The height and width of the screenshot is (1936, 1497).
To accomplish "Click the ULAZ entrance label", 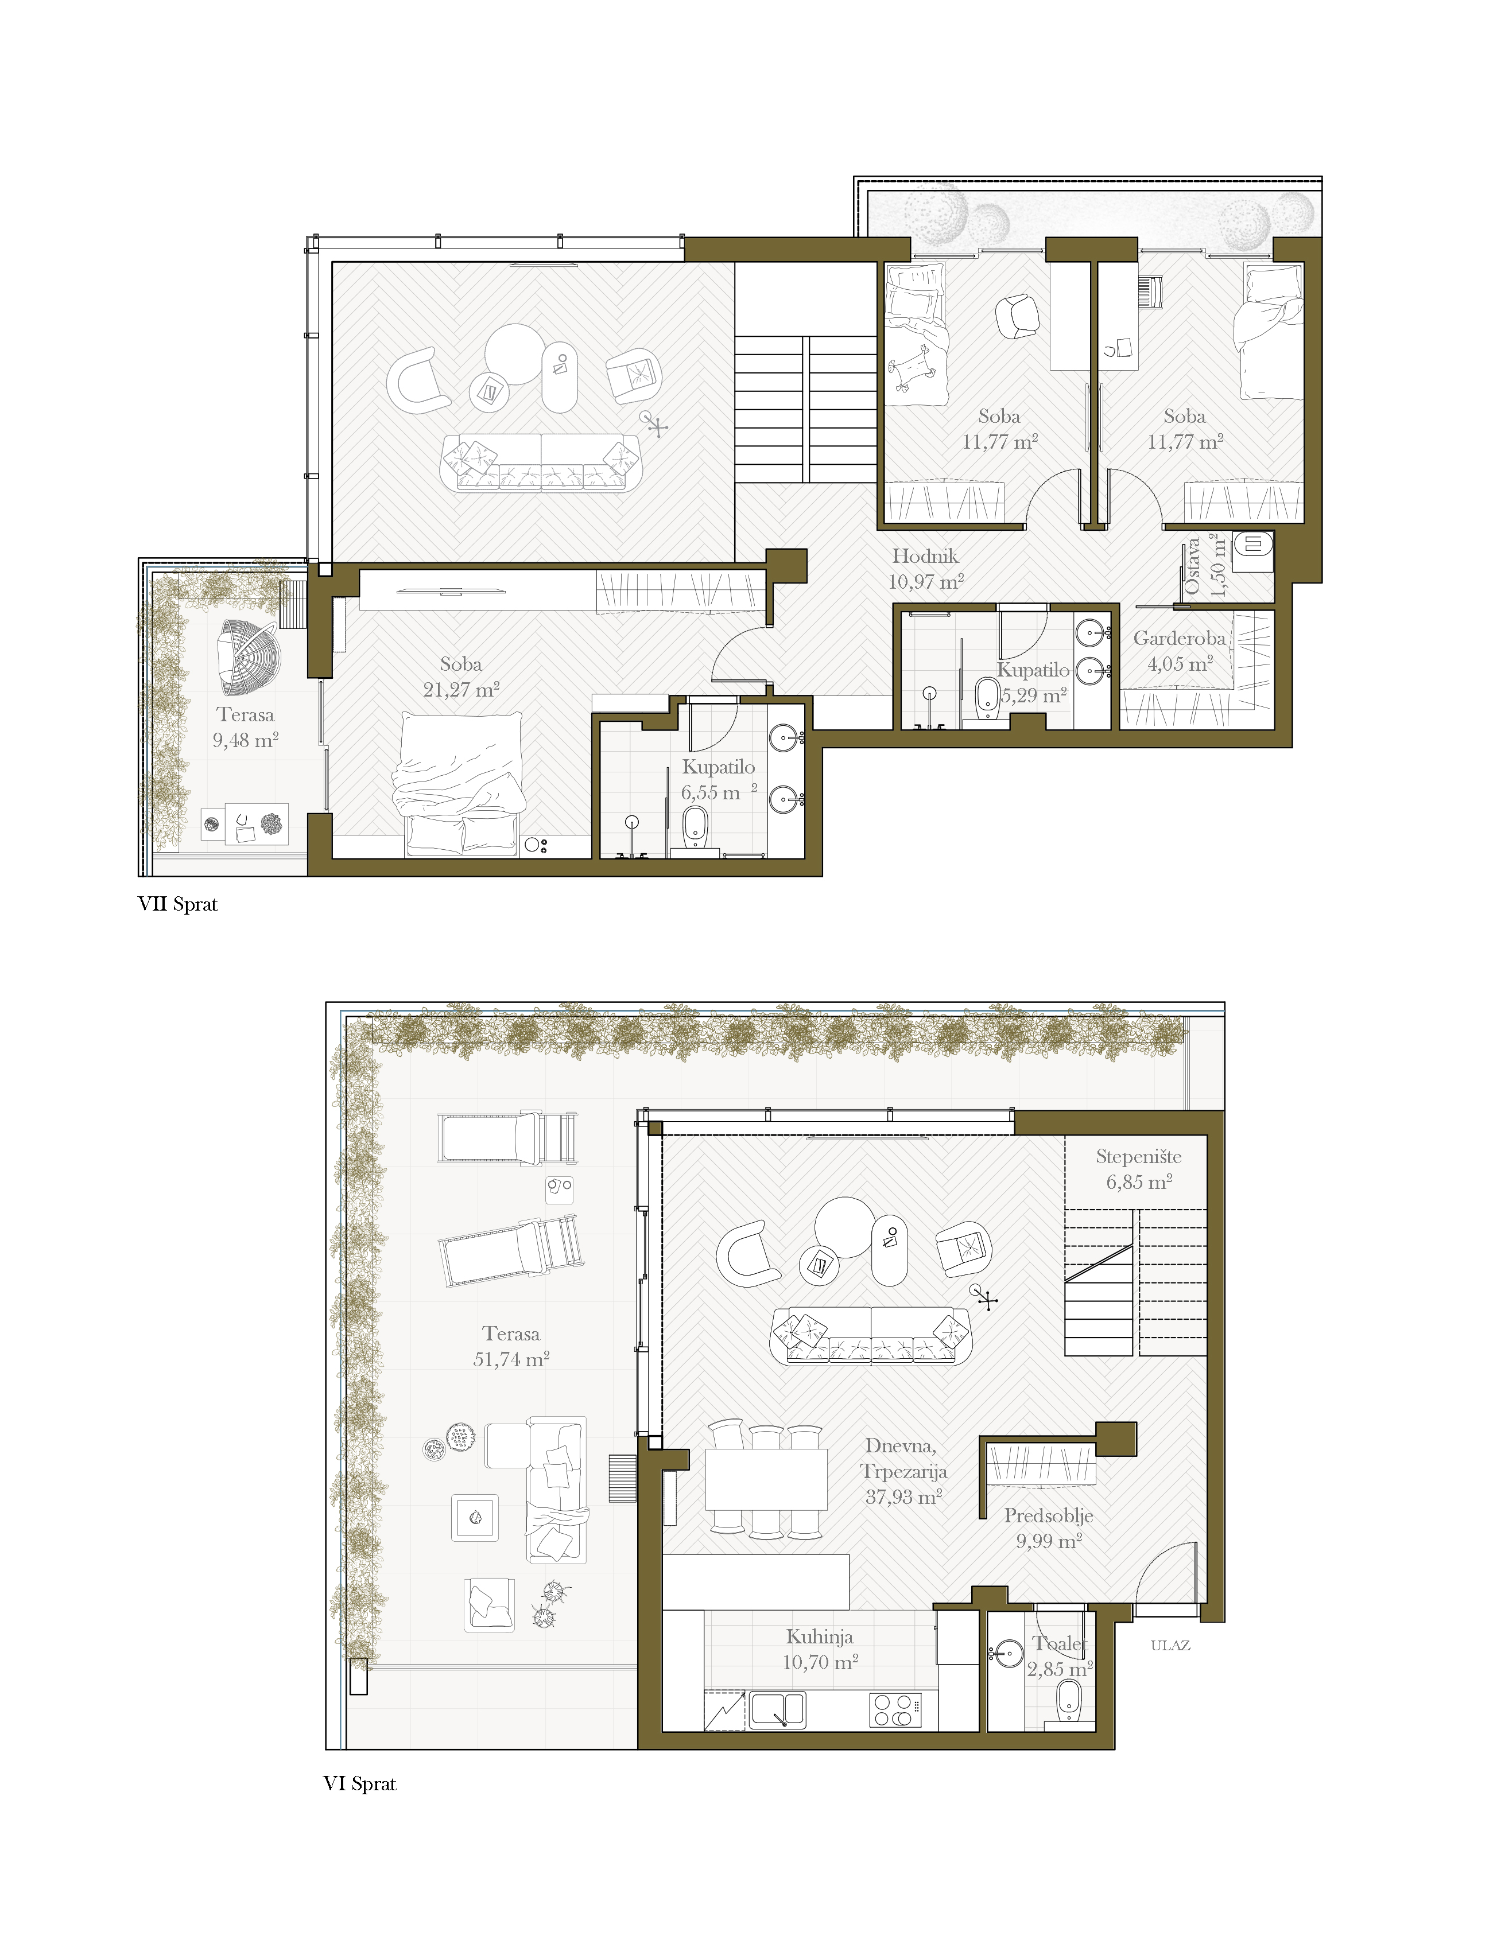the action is [1170, 1645].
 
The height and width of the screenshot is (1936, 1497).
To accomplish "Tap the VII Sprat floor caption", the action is [177, 904].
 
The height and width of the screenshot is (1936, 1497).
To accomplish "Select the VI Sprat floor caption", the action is [359, 1783].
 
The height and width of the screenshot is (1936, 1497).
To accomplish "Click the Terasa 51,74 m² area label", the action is [511, 1346].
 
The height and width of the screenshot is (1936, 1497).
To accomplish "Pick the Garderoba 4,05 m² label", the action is [1180, 651].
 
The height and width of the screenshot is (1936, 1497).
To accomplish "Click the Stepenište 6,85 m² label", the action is [1139, 1168].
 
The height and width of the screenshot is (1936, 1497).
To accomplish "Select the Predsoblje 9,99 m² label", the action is [1048, 1527].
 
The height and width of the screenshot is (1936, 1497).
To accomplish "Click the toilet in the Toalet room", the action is [1069, 1700].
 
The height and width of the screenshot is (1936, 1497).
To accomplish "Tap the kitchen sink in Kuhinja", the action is [778, 1709].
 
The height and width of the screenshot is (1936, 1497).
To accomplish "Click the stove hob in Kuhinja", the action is [894, 1710].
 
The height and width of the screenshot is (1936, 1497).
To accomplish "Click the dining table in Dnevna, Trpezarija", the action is [766, 1479].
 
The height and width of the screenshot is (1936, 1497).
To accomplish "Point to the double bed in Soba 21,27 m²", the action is [459, 784].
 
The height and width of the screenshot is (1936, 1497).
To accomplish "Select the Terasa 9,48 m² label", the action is [246, 727].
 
